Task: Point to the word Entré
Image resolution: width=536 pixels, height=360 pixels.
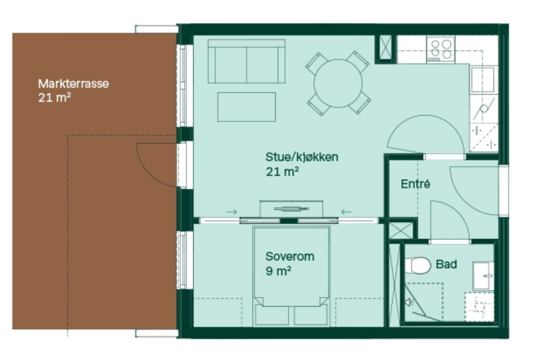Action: click(416, 184)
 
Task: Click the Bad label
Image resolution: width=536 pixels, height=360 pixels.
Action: click(446, 264)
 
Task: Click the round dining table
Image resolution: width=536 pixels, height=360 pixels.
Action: click(338, 83)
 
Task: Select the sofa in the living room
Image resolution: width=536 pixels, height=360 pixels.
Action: click(246, 61)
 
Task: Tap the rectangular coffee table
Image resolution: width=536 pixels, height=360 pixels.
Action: click(246, 107)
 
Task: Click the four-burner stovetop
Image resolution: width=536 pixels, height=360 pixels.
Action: click(441, 49)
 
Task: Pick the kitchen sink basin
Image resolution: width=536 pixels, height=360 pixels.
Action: click(482, 80)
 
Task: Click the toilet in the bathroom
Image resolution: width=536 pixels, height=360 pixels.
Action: click(418, 265)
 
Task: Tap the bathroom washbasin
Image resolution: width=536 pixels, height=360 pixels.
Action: click(483, 276)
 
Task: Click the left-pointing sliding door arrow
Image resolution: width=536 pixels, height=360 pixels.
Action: click(346, 212)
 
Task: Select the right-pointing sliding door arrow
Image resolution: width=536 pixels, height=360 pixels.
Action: click(232, 212)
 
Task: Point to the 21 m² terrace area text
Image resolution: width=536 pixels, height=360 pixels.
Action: click(55, 98)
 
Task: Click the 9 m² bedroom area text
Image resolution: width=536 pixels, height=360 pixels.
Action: click(278, 271)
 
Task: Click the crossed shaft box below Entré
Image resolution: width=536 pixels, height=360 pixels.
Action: click(401, 230)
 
